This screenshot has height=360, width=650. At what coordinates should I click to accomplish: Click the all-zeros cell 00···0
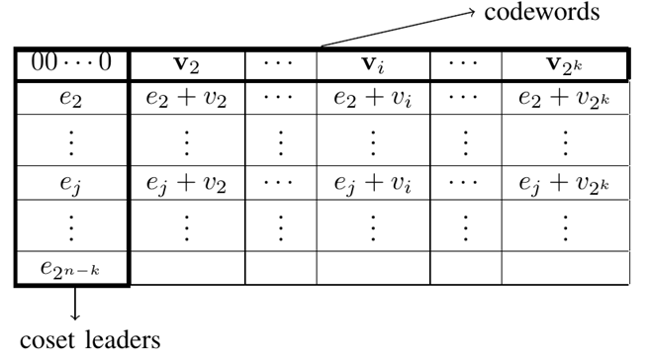coord(71,65)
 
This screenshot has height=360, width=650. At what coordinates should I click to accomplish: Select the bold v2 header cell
coord(186,65)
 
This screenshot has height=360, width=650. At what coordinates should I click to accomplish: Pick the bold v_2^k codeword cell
coord(566,65)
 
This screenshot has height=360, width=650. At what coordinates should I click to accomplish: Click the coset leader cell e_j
coord(71,185)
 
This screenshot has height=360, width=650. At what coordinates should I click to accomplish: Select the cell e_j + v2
coord(186,185)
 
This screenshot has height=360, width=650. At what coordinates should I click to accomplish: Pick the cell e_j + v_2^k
coord(566,185)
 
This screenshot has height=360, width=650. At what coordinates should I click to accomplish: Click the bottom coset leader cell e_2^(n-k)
coord(71,269)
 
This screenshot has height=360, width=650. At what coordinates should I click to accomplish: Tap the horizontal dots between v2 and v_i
coord(280,65)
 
